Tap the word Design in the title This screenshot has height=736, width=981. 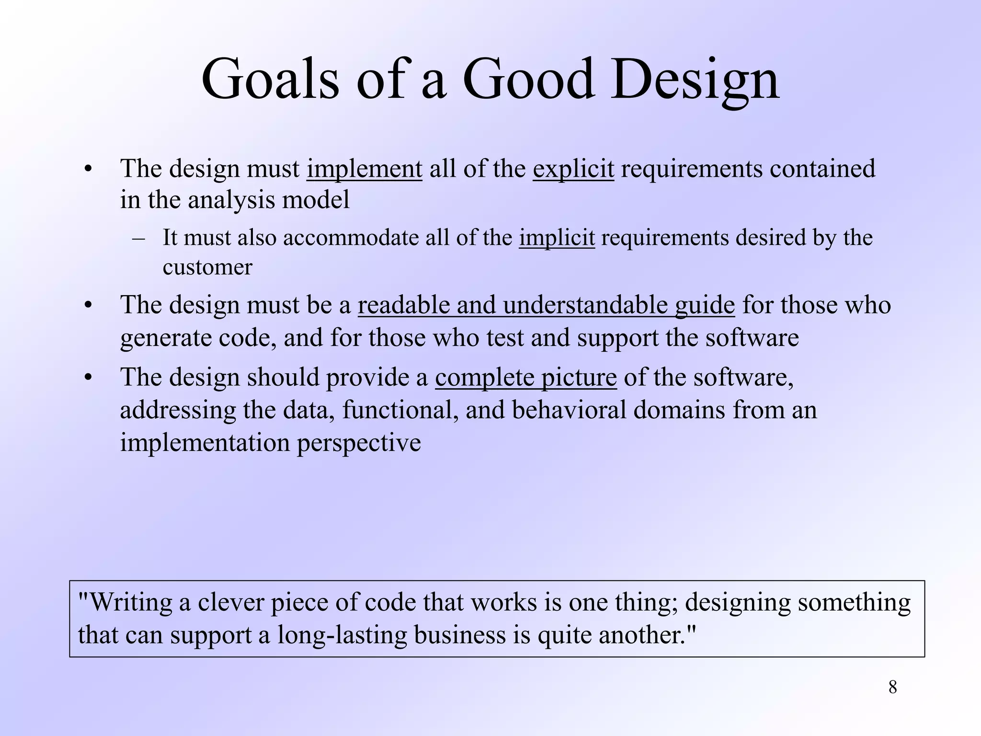pyautogui.click(x=695, y=79)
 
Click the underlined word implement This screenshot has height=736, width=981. pyautogui.click(x=364, y=169)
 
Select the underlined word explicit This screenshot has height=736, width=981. pyautogui.click(x=573, y=169)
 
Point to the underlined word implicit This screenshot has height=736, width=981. pyautogui.click(x=557, y=238)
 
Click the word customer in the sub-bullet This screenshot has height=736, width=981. pyautogui.click(x=207, y=267)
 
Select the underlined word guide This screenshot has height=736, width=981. pyautogui.click(x=704, y=305)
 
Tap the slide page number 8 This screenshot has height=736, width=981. pyautogui.click(x=892, y=687)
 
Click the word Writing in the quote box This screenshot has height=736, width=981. pyautogui.click(x=130, y=602)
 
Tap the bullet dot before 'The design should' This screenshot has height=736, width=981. pyautogui.click(x=87, y=378)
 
